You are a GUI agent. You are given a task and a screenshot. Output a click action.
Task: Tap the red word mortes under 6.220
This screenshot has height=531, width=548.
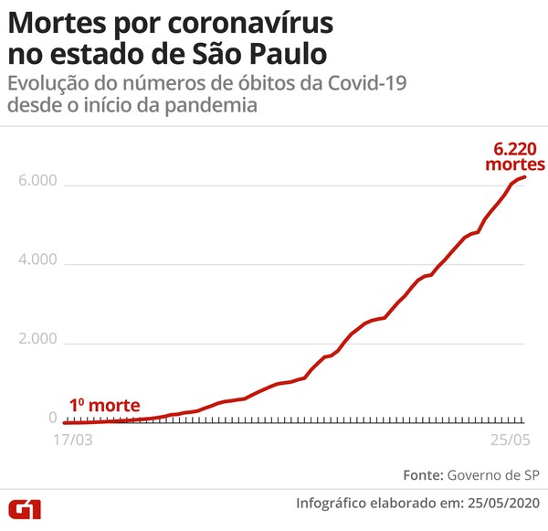[x=514, y=165]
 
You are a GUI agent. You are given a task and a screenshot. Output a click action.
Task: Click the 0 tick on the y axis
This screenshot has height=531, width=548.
[x=53, y=419]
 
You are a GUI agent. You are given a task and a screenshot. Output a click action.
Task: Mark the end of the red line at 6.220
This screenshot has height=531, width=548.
[x=525, y=177]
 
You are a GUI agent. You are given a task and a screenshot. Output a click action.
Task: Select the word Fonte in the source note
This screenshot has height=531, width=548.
[x=422, y=475]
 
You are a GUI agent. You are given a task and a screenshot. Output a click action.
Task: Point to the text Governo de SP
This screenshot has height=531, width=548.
[x=494, y=475]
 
